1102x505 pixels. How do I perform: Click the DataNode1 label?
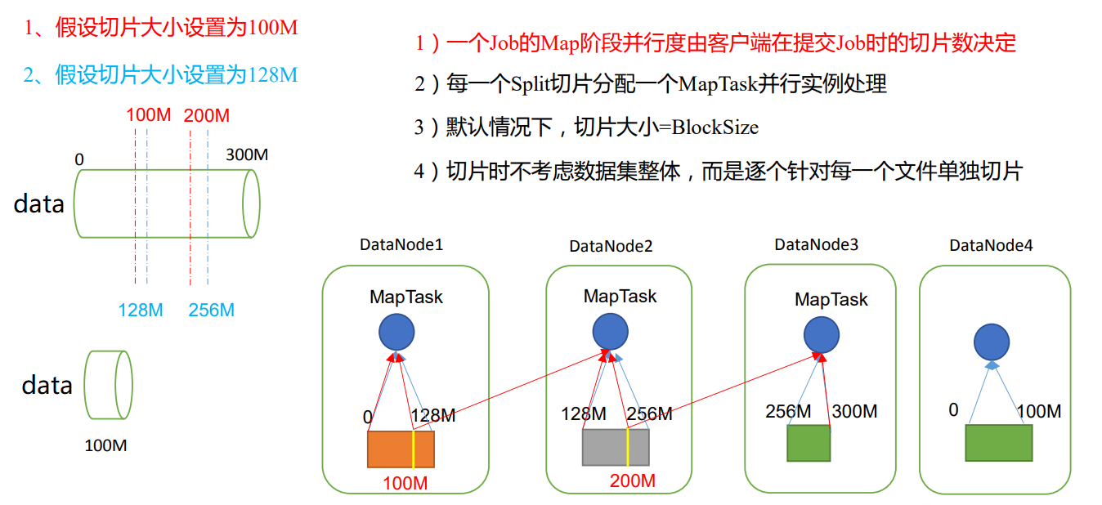click(401, 244)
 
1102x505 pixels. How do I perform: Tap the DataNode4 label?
click(991, 245)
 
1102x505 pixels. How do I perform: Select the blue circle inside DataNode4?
click(992, 342)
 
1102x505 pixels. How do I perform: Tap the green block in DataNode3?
click(808, 443)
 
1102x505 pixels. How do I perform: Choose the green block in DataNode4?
click(997, 442)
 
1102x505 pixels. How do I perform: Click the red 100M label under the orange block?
click(405, 484)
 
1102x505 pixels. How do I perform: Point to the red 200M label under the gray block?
click(632, 480)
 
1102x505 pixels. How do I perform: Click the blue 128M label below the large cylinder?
click(141, 311)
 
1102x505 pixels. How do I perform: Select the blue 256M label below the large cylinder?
click(211, 311)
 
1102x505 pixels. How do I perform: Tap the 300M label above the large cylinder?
click(248, 154)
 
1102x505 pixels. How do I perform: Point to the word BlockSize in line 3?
click(715, 127)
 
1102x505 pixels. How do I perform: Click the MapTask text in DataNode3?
click(831, 300)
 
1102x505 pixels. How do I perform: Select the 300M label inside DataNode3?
click(853, 412)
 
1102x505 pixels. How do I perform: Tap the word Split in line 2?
click(533, 84)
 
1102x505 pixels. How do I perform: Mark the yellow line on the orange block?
click(414, 449)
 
